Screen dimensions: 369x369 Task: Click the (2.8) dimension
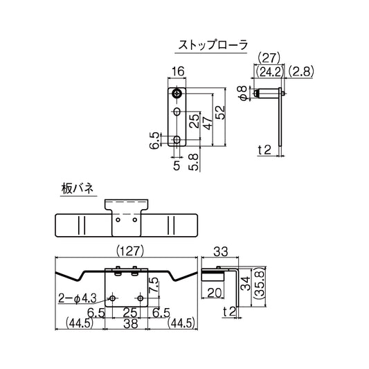point(302,71)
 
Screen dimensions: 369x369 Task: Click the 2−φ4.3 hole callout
point(78,299)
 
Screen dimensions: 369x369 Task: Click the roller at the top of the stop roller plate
point(179,93)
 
